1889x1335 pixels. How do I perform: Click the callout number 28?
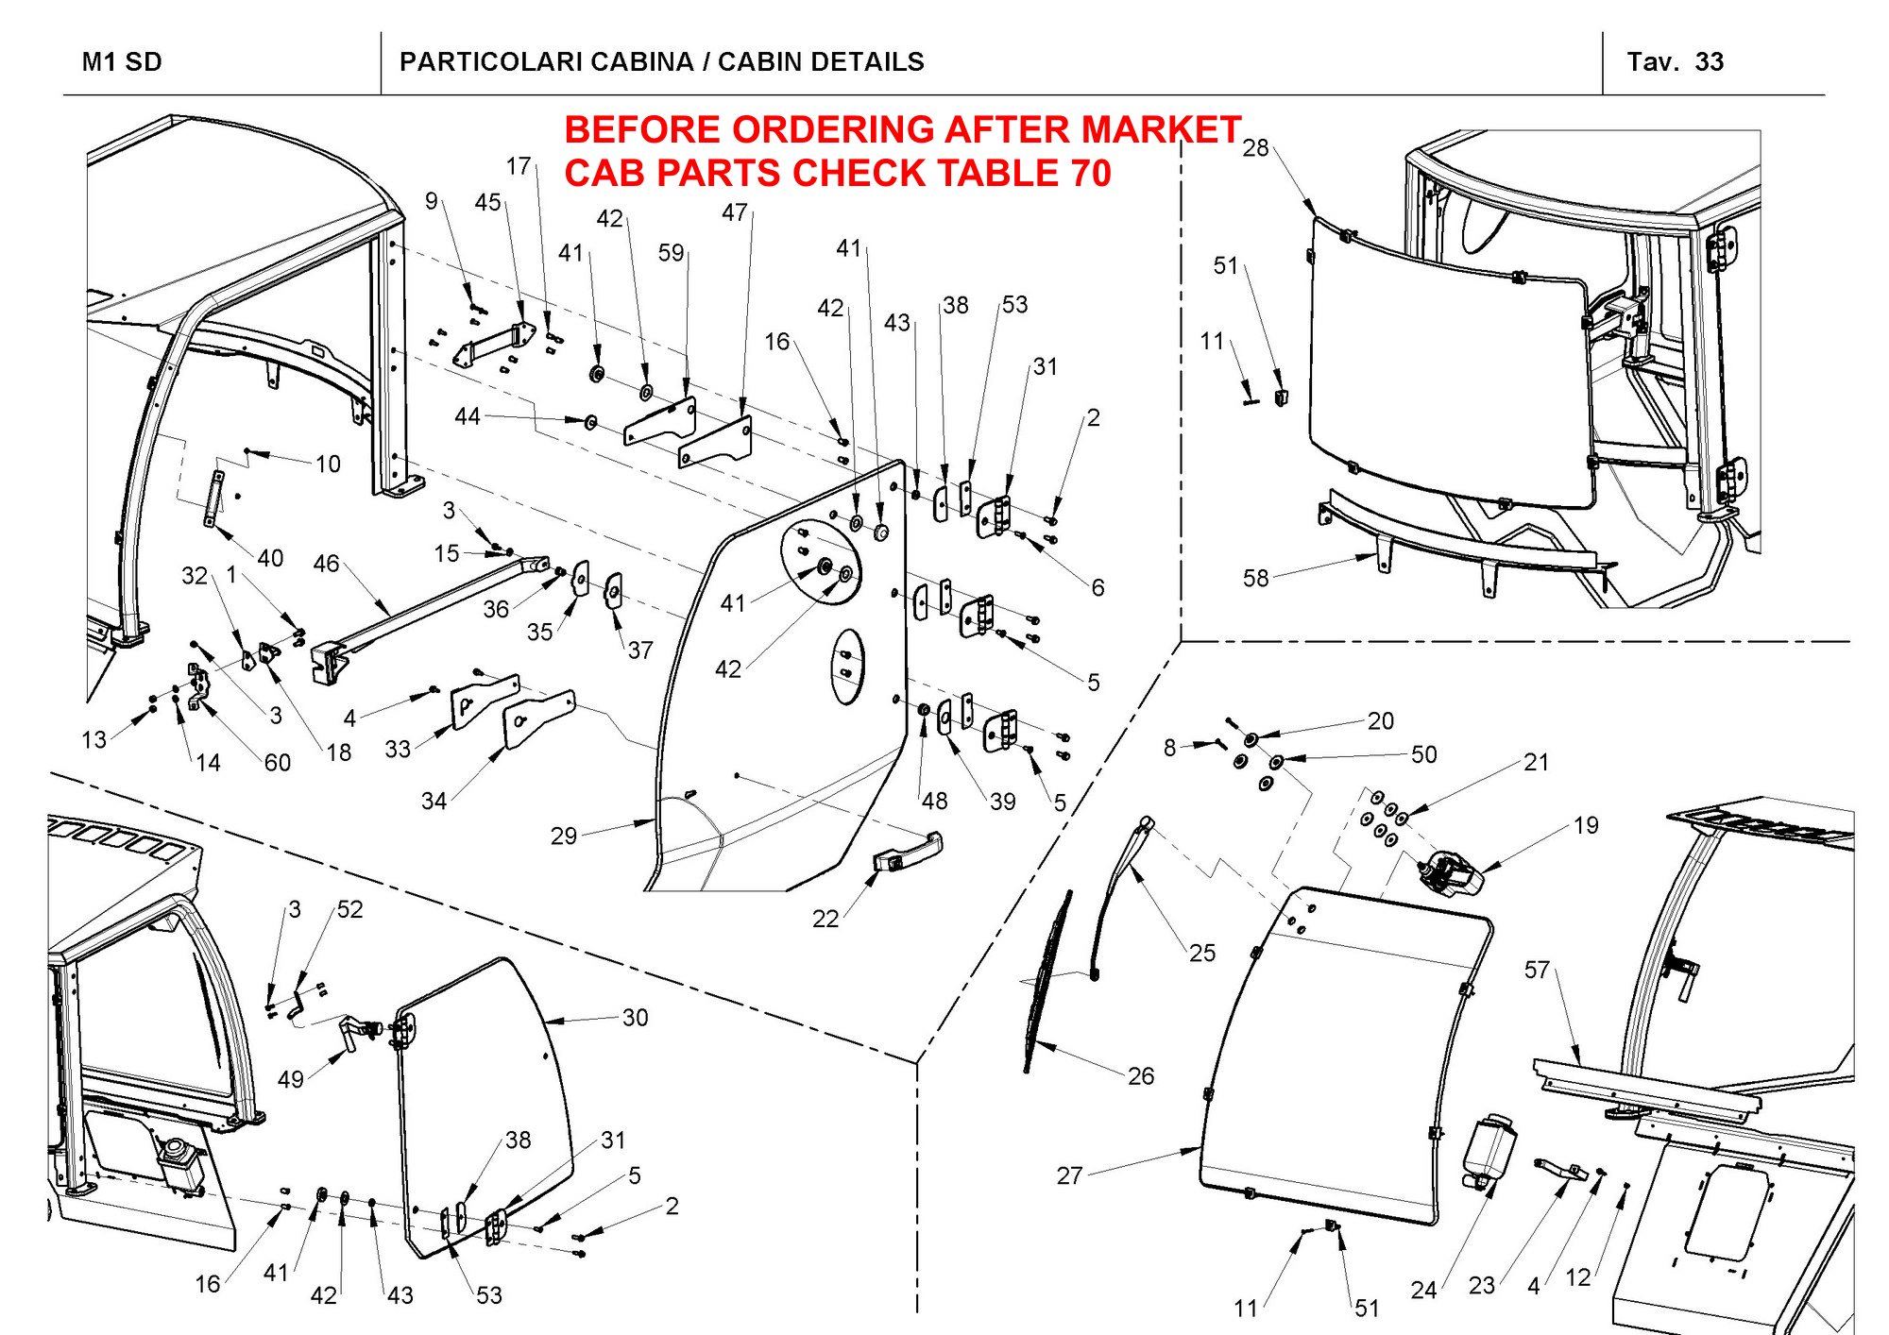pyautogui.click(x=1255, y=148)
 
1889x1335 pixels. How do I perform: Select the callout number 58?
pyautogui.click(x=1255, y=578)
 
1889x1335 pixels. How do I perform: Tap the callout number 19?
pyautogui.click(x=1586, y=825)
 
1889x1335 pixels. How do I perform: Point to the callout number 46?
pyautogui.click(x=326, y=564)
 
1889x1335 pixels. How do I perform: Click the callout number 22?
pyautogui.click(x=825, y=919)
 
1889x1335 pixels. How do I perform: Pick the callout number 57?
pyautogui.click(x=1537, y=970)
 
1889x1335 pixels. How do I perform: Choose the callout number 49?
pyautogui.click(x=291, y=1079)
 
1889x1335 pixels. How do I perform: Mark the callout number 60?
pyautogui.click(x=277, y=762)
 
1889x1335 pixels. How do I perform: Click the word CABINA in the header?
pyautogui.click(x=641, y=62)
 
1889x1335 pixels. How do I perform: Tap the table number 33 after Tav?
pyautogui.click(x=1710, y=62)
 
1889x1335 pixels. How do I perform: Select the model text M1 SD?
pyautogui.click(x=122, y=62)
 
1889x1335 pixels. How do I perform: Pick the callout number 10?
pyautogui.click(x=328, y=464)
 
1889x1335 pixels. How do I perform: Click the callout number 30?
pyautogui.click(x=635, y=1017)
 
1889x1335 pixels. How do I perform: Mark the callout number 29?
pyautogui.click(x=564, y=836)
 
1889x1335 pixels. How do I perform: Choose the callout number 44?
pyautogui.click(x=468, y=416)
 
